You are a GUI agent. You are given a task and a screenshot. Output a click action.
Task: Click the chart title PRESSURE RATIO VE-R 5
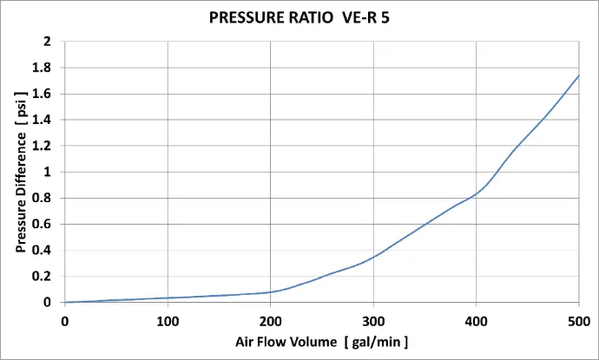(299, 16)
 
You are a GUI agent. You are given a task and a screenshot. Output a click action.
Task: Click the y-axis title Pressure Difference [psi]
(20, 172)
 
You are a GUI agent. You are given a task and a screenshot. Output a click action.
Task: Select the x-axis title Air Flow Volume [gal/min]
(321, 341)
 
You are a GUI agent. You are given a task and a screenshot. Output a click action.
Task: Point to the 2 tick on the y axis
(47, 42)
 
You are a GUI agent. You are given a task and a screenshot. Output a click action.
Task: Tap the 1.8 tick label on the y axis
(43, 68)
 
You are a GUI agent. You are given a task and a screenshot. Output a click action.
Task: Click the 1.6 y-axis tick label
(43, 94)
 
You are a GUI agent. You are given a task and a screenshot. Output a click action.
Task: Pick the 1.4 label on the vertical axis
(43, 120)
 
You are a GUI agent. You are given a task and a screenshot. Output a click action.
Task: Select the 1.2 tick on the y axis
(43, 146)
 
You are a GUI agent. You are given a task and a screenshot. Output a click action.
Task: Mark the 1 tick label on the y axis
(47, 172)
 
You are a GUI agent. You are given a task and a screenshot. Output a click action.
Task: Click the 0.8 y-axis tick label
(43, 198)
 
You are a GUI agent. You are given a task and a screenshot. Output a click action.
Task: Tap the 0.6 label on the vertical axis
(43, 224)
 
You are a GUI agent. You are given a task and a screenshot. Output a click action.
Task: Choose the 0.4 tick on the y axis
(43, 250)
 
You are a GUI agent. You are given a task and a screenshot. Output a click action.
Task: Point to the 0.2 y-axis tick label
(43, 276)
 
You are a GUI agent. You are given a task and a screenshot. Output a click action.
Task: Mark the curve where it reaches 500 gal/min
(578, 75)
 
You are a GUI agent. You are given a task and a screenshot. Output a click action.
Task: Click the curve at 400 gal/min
(476, 193)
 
